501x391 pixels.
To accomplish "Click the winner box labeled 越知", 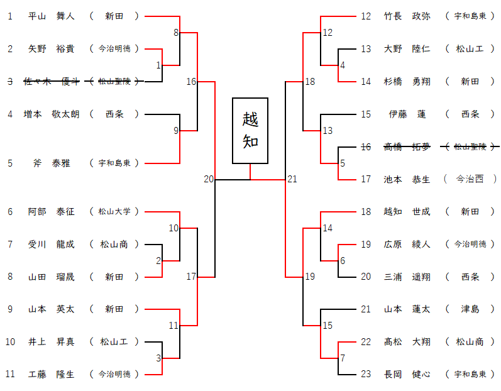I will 250,130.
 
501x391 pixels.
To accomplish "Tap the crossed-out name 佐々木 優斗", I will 52,81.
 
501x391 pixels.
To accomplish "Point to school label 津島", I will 470,309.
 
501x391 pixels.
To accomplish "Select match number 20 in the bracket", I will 209,179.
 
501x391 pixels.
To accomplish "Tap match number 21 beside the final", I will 292,179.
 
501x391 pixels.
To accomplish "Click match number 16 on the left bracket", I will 191,81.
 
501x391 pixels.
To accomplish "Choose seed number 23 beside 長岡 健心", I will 366,375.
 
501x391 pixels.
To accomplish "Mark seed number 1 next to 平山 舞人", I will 10,16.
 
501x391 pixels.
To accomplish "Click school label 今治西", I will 470,179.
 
